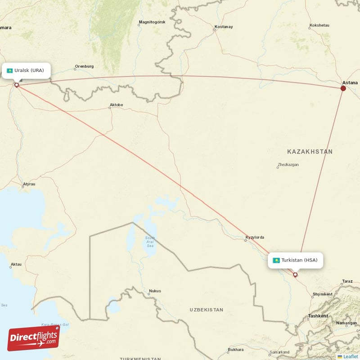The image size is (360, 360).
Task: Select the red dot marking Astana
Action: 343,88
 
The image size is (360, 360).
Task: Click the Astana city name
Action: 350,83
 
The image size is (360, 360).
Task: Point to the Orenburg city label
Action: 84,67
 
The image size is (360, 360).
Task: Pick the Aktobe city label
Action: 116,105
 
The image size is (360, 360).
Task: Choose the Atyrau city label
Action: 29,184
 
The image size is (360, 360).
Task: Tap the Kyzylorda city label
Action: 255,238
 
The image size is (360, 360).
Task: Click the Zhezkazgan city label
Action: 288,165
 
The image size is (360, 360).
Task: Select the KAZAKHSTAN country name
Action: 309,152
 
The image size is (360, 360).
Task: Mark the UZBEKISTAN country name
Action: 207,310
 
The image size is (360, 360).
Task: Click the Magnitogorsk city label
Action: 153,22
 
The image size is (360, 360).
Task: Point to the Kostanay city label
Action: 224,27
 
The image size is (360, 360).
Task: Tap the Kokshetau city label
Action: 319,26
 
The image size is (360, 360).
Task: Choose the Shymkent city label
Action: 322,295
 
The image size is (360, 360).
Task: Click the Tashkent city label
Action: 318,316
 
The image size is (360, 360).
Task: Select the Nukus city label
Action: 154,291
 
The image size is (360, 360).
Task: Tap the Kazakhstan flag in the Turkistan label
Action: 276,260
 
